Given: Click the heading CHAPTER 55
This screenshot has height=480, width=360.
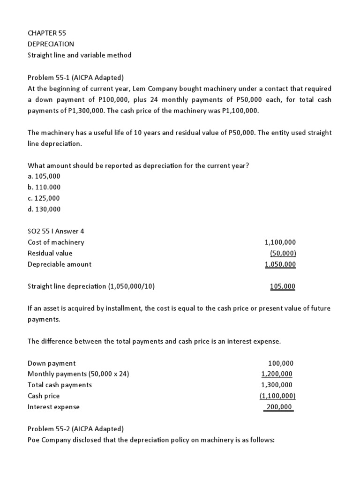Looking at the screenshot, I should pos(47,33).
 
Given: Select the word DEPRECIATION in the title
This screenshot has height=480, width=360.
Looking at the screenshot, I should pos(51,44).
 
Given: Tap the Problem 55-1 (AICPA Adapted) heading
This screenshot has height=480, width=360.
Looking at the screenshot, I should pos(75,77).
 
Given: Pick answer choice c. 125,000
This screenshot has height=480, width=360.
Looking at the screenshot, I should pos(44,198).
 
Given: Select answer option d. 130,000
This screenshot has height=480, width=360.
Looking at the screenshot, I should pos(44,209).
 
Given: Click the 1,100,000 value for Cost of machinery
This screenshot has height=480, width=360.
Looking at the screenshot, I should pos(280,242).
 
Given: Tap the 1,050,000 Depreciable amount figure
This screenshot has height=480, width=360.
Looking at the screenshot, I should pos(280,264).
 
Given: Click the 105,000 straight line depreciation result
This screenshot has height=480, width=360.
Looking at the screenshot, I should pos(283,286).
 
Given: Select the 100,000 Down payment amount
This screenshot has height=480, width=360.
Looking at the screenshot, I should pos(281,363).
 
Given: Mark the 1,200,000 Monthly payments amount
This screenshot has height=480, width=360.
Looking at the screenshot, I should pos(277,374).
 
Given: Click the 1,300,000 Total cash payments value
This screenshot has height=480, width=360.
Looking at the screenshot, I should pos(277,385).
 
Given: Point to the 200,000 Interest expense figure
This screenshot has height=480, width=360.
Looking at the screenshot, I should pos(278,407).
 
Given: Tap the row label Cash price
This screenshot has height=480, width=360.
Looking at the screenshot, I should pos(44,396).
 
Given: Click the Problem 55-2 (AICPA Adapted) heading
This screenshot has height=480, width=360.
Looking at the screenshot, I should pos(75,429).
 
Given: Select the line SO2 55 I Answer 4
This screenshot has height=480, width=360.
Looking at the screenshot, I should pos(56,231).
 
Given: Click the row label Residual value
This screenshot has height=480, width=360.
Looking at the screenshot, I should pos(50,253).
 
